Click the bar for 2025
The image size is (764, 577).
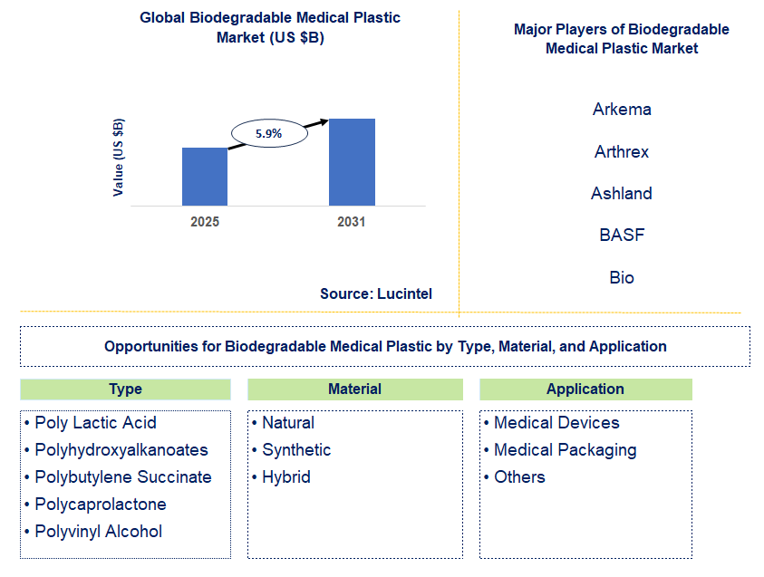205,177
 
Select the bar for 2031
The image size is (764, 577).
352,162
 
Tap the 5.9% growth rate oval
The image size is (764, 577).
268,133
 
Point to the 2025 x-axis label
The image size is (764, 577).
205,222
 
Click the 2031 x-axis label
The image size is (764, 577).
352,222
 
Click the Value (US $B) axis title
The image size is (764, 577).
119,158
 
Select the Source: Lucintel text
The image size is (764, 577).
376,293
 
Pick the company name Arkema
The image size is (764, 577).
622,110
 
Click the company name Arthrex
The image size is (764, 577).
622,151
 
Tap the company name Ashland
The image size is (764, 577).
622,193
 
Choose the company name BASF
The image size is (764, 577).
622,235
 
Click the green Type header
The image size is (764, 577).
125,389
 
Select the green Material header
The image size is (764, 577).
354,389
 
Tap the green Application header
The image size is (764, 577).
585,389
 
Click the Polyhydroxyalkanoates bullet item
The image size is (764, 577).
121,450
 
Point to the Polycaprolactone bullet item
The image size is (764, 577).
100,505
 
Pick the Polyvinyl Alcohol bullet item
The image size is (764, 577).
98,532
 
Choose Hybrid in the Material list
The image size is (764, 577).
285,477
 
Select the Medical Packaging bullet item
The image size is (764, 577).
565,450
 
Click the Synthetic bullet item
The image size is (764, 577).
296,450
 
